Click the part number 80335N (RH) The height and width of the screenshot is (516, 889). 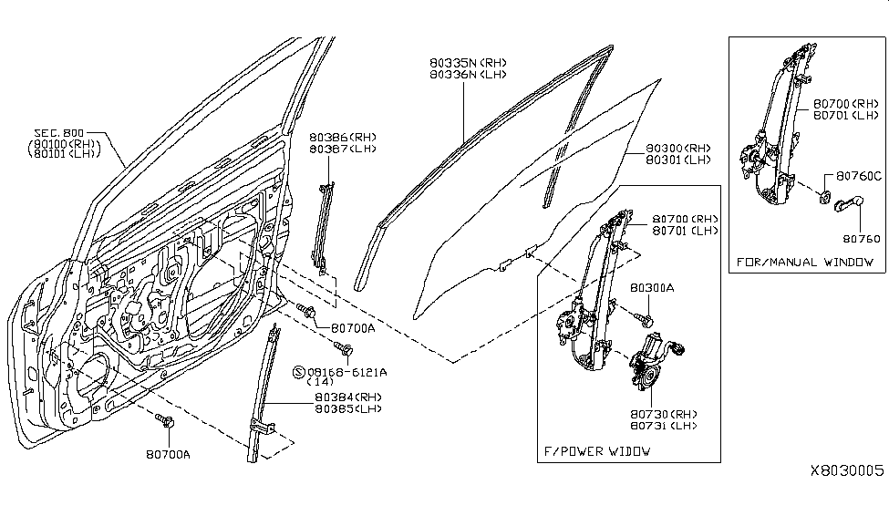click(468, 63)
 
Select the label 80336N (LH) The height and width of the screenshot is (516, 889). click(468, 75)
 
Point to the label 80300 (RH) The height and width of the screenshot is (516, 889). click(678, 148)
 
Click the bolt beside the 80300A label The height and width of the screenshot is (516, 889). click(650, 319)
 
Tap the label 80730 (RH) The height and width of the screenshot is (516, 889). click(664, 414)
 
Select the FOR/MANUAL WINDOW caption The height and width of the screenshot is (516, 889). click(805, 263)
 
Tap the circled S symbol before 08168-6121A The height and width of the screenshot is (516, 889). click(296, 372)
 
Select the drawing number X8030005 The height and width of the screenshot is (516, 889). click(847, 471)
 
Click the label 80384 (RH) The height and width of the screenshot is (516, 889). click(333, 397)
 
